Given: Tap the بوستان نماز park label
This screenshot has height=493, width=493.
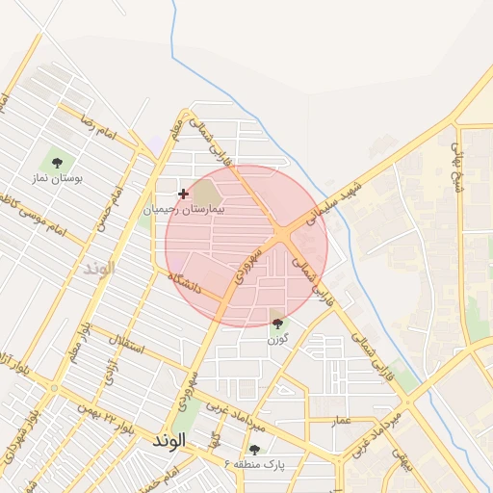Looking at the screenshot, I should pyautogui.click(x=58, y=178).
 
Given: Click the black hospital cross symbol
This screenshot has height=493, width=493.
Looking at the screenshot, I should pyautogui.click(x=183, y=194).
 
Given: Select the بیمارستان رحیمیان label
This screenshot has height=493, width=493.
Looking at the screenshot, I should pyautogui.click(x=183, y=208).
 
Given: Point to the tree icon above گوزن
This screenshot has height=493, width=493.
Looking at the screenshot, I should pyautogui.click(x=278, y=324).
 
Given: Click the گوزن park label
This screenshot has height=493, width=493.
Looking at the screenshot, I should pyautogui.click(x=278, y=339).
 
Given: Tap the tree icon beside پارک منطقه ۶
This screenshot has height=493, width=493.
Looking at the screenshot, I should pyautogui.click(x=254, y=450).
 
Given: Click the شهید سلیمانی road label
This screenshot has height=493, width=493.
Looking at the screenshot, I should pyautogui.click(x=333, y=202).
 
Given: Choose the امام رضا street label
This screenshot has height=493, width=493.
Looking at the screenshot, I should pyautogui.click(x=98, y=129).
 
